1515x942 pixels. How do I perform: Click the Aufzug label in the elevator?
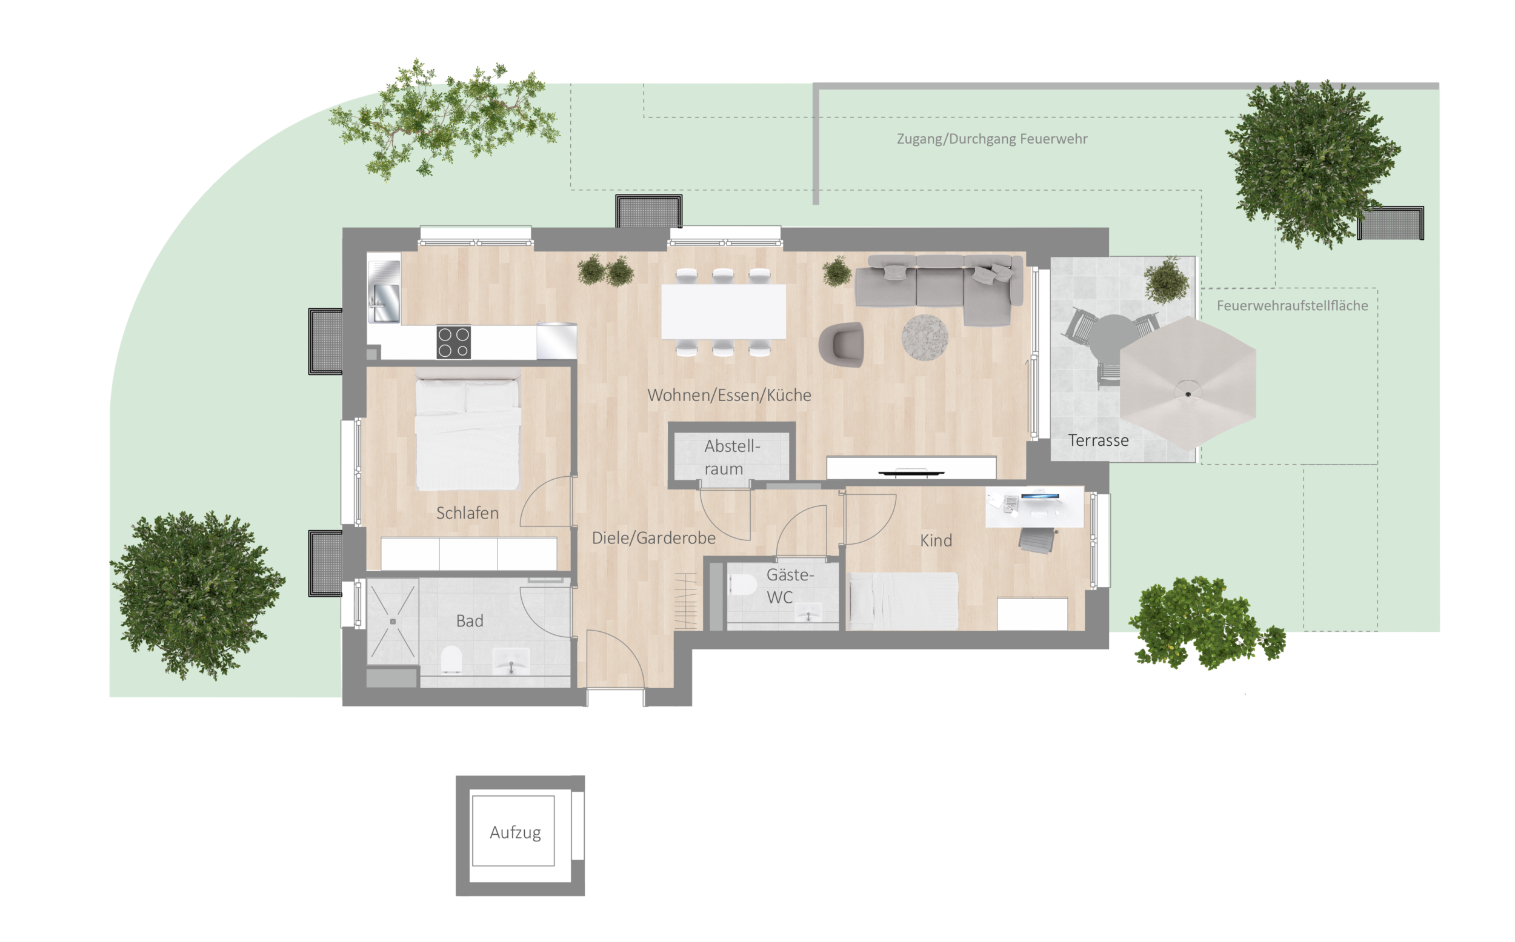(514, 833)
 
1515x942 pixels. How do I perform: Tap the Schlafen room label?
(467, 512)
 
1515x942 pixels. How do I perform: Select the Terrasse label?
(1098, 440)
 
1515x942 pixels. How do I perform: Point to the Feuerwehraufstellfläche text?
(1292, 305)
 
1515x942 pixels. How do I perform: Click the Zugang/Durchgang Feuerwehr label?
(992, 139)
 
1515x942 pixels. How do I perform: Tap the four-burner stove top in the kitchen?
(454, 343)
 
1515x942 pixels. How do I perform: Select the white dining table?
(723, 311)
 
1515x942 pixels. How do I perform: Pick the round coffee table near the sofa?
(925, 337)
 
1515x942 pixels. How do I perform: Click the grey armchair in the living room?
(842, 345)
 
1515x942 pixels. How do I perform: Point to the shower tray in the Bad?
(393, 622)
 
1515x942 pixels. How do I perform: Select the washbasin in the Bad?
(511, 662)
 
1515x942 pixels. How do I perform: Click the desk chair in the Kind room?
(1037, 539)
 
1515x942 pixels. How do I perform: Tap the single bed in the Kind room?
(903, 601)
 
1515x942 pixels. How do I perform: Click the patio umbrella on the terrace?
(1188, 382)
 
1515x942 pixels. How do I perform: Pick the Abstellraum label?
(731, 457)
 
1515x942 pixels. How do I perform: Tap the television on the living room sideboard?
(911, 473)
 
